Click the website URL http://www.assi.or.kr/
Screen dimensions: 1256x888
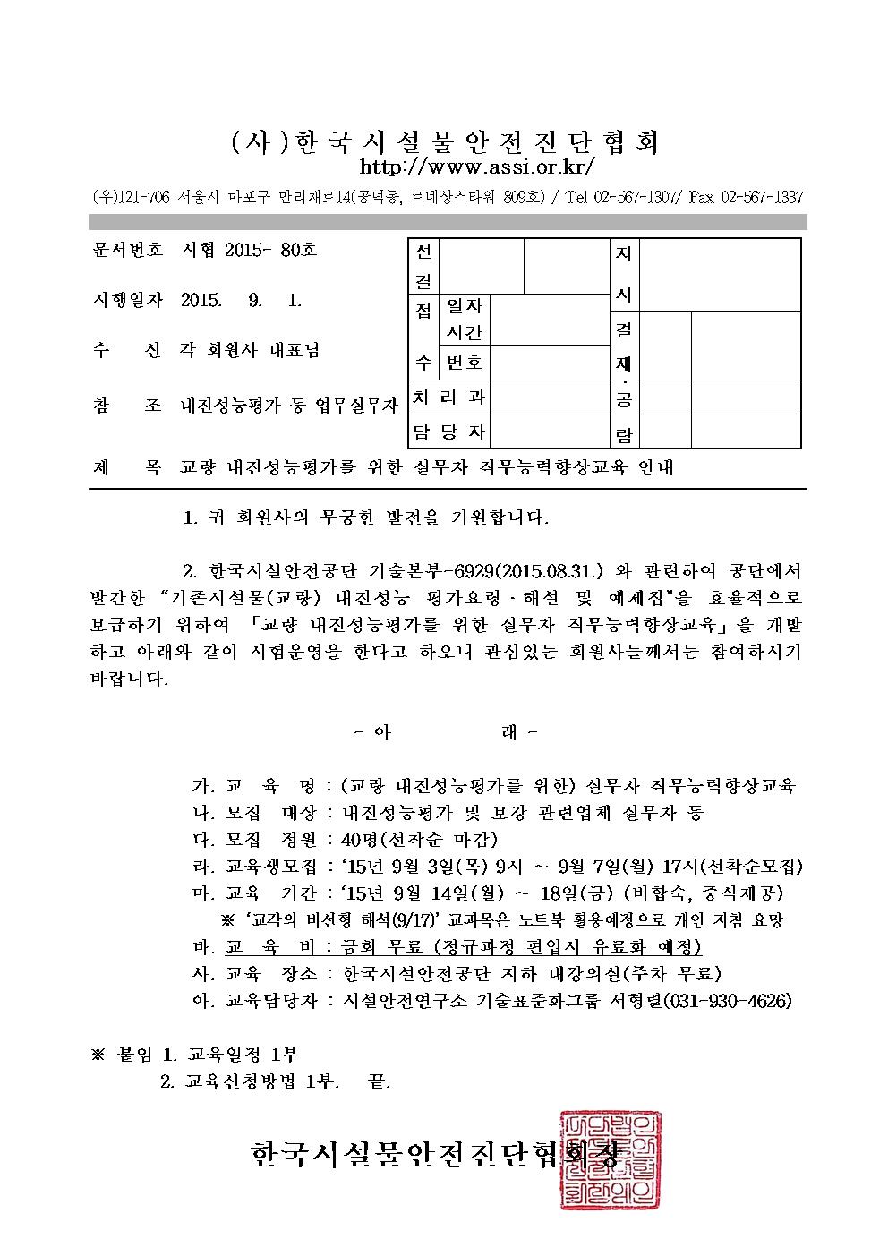[x=476, y=167]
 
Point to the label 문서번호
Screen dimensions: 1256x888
[x=127, y=251]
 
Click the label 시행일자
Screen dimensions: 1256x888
[x=127, y=301]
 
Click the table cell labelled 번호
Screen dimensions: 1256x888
[x=464, y=363]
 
